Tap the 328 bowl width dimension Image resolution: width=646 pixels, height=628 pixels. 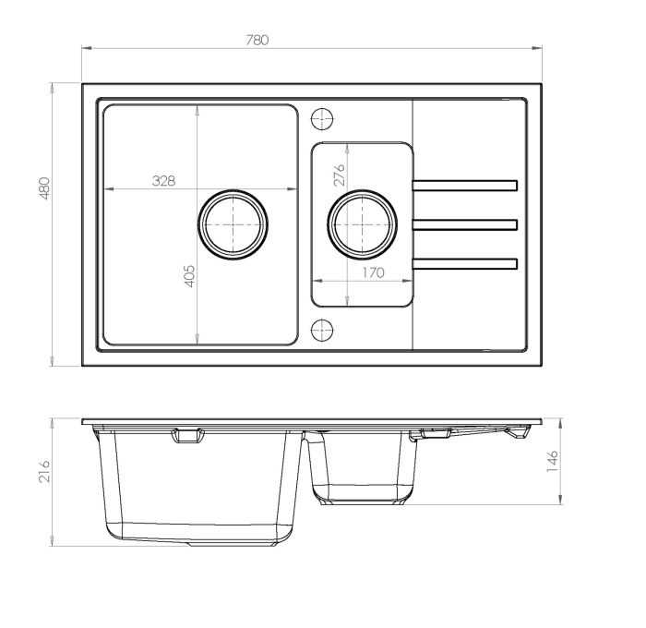click(x=163, y=180)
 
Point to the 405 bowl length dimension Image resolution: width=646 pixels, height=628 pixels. click(x=190, y=276)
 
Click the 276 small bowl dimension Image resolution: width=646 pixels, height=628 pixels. click(x=339, y=175)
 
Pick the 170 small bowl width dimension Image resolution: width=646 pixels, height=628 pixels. click(x=372, y=272)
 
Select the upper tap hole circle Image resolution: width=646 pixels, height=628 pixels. click(x=322, y=118)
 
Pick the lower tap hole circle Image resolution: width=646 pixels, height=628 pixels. click(x=322, y=330)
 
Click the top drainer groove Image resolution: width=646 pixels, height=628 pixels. click(x=464, y=187)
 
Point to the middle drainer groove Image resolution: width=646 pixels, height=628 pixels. click(x=464, y=224)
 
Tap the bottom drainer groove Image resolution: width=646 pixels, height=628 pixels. click(x=464, y=262)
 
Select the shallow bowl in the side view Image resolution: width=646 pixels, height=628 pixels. click(x=363, y=466)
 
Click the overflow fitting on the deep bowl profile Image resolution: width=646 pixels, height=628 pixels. click(x=190, y=436)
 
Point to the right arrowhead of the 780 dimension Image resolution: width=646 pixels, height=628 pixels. click(x=538, y=47)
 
